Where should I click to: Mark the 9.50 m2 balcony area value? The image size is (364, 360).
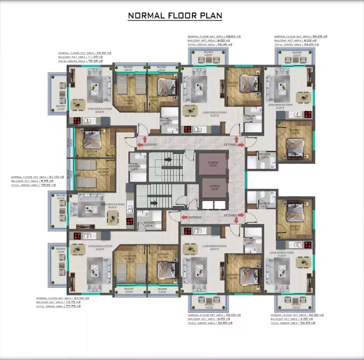[46, 181]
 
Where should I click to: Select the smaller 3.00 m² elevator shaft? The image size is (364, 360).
[210, 187]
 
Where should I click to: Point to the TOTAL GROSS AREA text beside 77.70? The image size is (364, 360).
[49, 307]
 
